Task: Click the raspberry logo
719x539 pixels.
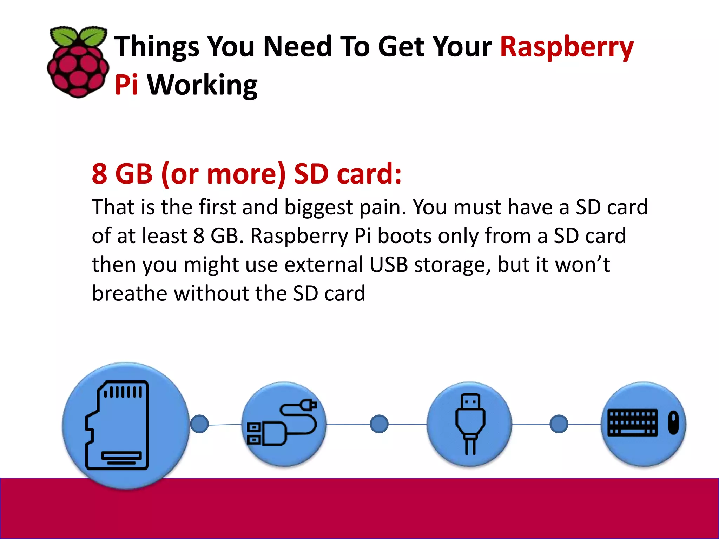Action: tap(78, 62)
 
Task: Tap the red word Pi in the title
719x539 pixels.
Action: tap(126, 85)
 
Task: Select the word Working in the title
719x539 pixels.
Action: tap(202, 86)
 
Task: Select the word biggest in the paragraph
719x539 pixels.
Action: tap(318, 207)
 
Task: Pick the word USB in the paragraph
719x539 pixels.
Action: tap(389, 265)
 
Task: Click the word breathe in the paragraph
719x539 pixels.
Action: tap(130, 293)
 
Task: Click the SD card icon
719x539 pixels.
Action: tap(117, 425)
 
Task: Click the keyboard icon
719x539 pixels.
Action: tap(632, 422)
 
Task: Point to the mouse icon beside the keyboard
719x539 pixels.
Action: tap(673, 422)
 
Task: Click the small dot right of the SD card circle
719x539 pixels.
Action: tap(199, 424)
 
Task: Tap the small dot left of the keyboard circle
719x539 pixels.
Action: tap(559, 424)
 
